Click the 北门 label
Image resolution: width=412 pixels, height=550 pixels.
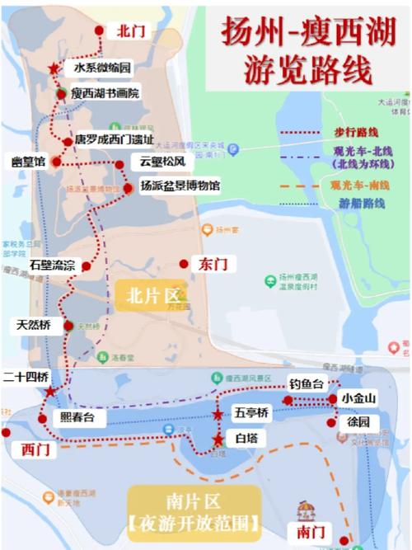131,31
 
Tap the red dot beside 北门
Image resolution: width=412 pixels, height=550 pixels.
100,31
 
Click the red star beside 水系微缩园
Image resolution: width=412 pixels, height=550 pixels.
54,69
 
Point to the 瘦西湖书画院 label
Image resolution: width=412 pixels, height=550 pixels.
105,93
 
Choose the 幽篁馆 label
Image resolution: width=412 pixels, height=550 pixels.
24,162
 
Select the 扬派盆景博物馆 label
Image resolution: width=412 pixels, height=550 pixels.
180,186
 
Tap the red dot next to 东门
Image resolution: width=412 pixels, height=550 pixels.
184,264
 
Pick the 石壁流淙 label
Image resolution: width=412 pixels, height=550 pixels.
52,266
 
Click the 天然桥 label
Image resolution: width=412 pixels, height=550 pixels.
33,325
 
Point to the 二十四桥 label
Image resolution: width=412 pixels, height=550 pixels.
26,377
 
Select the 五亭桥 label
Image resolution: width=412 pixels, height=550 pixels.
251,412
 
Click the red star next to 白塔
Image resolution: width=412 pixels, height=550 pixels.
218,440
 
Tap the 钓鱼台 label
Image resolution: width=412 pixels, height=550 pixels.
308,383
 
